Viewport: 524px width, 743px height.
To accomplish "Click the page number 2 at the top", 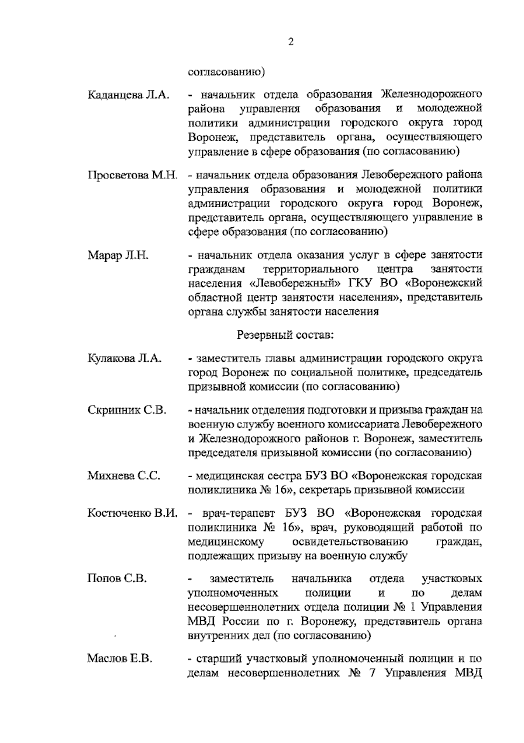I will pyautogui.click(x=291, y=42).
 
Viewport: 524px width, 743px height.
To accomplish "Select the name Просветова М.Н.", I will pyautogui.click(x=133, y=176).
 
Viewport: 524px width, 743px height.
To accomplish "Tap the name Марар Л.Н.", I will pyautogui.click(x=118, y=256).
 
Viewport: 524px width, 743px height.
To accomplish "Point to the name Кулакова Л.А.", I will pyautogui.click(x=125, y=359).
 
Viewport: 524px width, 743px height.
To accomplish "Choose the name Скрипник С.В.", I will pyautogui.click(x=127, y=410).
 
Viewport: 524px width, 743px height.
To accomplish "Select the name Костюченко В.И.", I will pyautogui.click(x=133, y=513).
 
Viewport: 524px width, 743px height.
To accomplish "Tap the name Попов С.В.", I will pyautogui.click(x=117, y=579).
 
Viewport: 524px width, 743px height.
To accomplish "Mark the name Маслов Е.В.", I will pyautogui.click(x=120, y=659).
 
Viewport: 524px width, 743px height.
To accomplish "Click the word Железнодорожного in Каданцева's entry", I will pyautogui.click(x=431, y=94).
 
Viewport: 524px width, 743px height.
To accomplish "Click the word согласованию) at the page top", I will pyautogui.click(x=226, y=71).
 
